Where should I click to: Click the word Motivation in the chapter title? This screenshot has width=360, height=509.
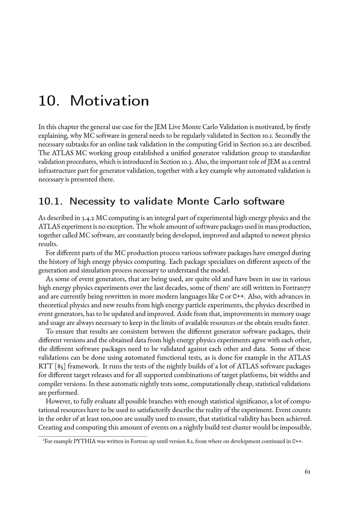point(109,101)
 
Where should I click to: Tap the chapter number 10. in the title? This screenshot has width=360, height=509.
point(49,101)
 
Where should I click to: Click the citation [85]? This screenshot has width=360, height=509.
point(58,366)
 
